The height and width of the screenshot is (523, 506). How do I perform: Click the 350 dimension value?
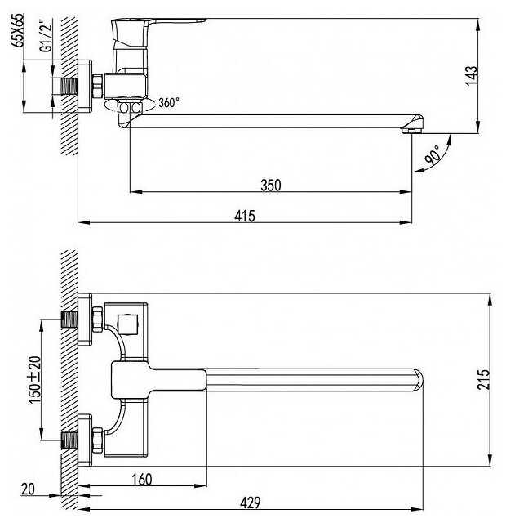[270, 186]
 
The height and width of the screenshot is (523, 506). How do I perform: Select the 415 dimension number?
[245, 216]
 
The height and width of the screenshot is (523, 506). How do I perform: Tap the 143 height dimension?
[471, 76]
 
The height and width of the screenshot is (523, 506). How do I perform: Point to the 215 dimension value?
[483, 379]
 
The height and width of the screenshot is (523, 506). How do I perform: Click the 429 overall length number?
[251, 503]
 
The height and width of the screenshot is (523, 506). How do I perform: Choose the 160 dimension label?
[141, 480]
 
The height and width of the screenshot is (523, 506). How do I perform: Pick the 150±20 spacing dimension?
[34, 380]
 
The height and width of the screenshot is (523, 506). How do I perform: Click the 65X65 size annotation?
[18, 30]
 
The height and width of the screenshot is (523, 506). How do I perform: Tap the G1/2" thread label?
[47, 36]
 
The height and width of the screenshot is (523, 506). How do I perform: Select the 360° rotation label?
[169, 102]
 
